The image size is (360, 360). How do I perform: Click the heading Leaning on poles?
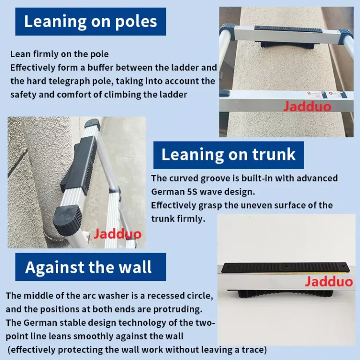(x=90, y=22)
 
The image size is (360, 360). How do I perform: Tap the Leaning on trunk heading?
(x=228, y=155)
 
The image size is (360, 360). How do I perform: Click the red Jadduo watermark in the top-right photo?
(x=307, y=106)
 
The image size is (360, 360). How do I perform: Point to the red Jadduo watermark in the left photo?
(x=117, y=234)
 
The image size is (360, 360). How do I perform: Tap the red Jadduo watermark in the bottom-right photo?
(x=329, y=281)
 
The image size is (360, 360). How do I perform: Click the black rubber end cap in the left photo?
(x=67, y=220)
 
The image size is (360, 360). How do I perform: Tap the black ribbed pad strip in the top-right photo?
(x=288, y=30)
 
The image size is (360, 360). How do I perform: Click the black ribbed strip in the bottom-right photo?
(x=285, y=268)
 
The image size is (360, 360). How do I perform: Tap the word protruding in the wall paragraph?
(x=178, y=309)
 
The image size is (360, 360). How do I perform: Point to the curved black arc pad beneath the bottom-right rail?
(x=285, y=293)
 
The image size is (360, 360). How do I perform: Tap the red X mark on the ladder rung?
(x=309, y=93)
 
